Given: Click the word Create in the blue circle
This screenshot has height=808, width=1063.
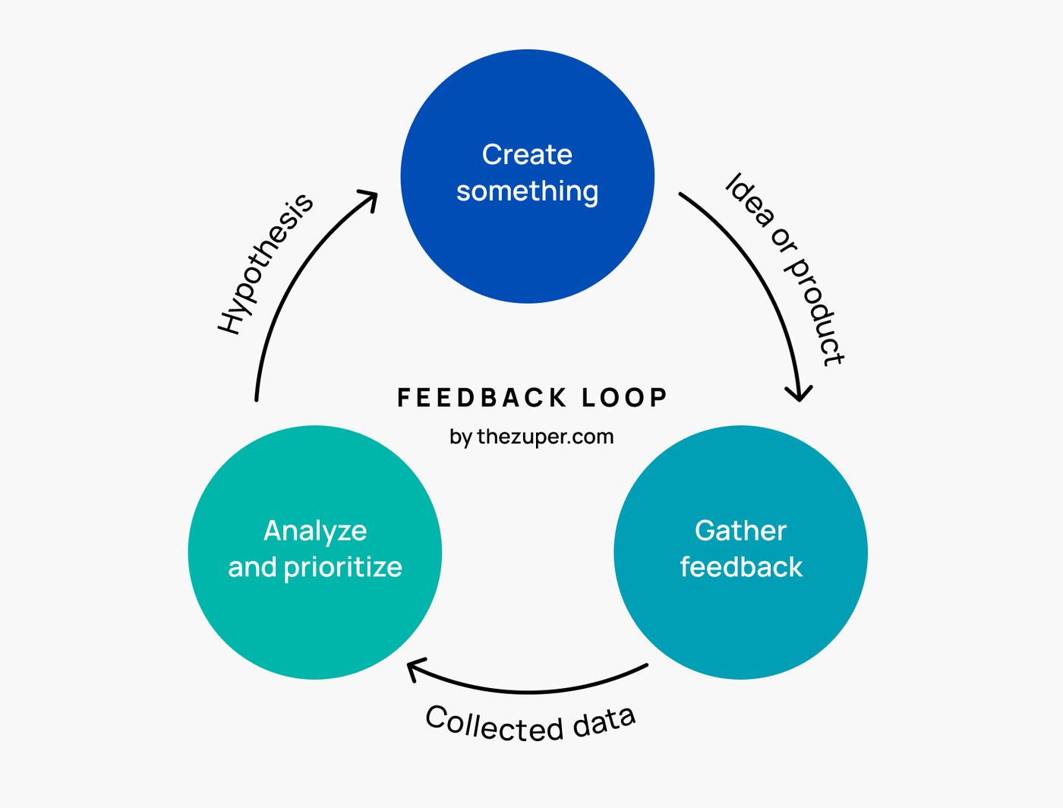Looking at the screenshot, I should coord(527,155).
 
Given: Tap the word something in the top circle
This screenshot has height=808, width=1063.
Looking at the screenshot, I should coord(527,191).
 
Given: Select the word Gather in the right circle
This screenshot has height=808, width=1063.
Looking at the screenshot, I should coord(740,531).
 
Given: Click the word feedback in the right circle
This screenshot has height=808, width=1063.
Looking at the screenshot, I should coord(740,567).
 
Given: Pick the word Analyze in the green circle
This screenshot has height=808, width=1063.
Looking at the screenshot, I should coord(315,531).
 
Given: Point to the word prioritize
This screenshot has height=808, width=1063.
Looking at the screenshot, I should coord(342,568).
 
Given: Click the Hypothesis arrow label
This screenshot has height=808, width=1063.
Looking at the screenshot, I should coord(265,264).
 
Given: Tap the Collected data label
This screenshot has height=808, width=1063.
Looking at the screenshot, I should coord(530,723).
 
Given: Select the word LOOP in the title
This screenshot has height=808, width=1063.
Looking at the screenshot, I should coord(624,397).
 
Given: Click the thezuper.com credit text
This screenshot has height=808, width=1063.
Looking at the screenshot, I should coord(545,437).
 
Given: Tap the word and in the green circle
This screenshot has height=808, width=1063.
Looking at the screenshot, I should coord(252,567).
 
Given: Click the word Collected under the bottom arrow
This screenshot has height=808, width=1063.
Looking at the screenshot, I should coord(494,724).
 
